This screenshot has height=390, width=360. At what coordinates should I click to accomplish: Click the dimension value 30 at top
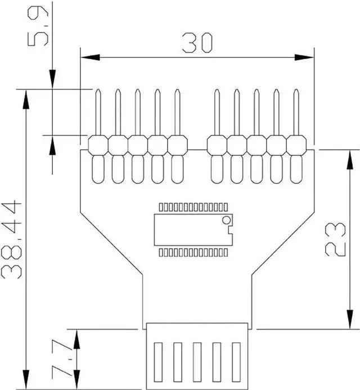pyautogui.click(x=197, y=43)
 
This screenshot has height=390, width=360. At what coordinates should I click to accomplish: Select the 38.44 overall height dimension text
pyautogui.click(x=12, y=239)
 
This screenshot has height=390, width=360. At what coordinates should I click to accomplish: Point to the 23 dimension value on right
pyautogui.click(x=336, y=239)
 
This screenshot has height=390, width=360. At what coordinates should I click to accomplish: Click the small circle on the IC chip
pyautogui.click(x=226, y=219)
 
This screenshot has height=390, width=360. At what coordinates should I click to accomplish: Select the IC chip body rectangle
pyautogui.click(x=191, y=230)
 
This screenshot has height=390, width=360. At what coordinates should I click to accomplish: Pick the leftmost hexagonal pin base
pyautogui.click(x=98, y=145)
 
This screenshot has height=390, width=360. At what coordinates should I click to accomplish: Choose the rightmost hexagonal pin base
pyautogui.click(x=296, y=145)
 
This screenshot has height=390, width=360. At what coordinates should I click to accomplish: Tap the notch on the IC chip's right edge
pyautogui.click(x=229, y=230)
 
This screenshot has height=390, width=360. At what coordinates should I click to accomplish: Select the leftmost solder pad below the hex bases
pyautogui.click(x=98, y=169)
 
